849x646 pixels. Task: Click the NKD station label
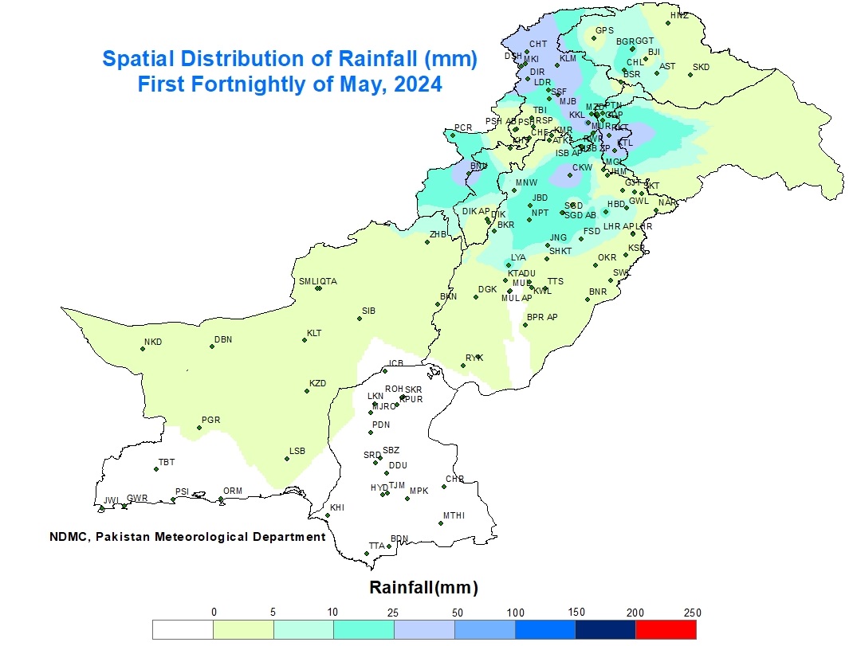pos(152,343)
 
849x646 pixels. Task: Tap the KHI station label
pos(337,507)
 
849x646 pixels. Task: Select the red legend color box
pos(666,629)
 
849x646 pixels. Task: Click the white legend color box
pos(183,629)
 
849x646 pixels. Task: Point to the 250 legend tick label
pos(692,613)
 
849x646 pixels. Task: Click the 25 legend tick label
pos(392,613)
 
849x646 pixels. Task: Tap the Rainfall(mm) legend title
pos(423,588)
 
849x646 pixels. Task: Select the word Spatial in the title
pos(135,59)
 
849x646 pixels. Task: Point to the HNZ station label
pos(678,15)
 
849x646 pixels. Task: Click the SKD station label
pos(701,67)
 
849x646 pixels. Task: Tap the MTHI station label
pos(454,515)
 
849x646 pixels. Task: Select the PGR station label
pos(210,420)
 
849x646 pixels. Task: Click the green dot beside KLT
pos(304,340)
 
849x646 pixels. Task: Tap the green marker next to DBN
pos(211,346)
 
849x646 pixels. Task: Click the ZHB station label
pos(438,234)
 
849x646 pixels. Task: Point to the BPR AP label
pos(542,317)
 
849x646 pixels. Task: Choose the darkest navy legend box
pos(605,629)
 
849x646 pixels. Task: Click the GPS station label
pos(604,31)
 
